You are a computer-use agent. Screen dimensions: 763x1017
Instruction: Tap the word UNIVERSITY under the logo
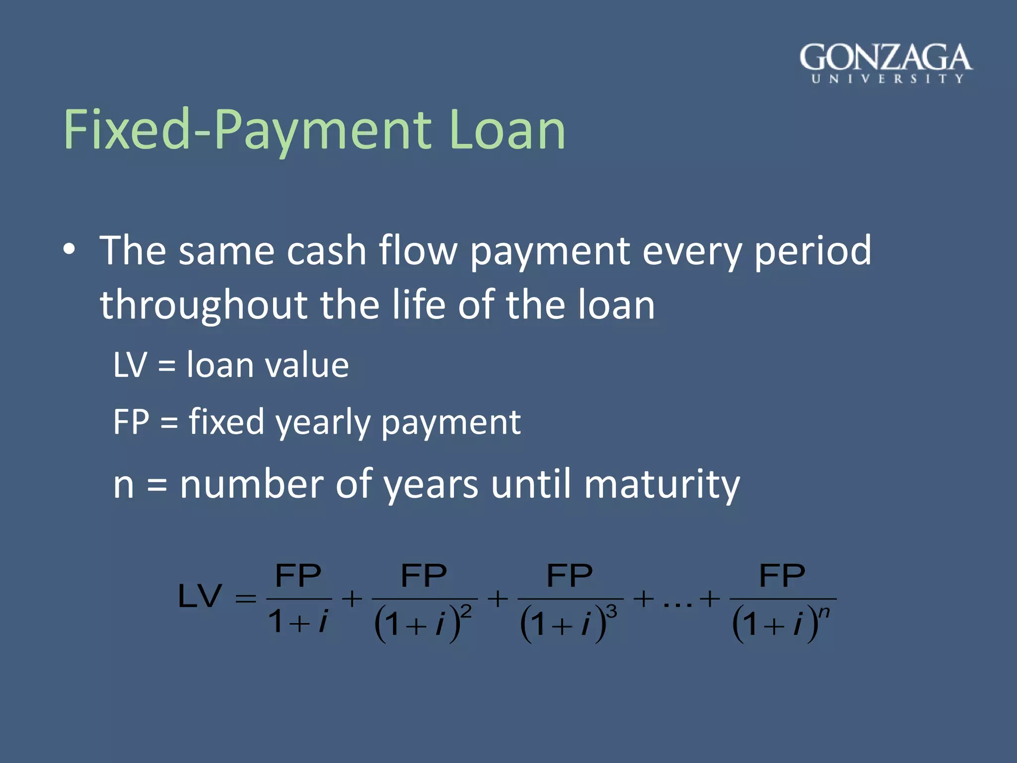[887, 79]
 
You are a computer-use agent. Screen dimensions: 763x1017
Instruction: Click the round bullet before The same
[70, 250]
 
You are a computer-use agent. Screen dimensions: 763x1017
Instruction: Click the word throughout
[204, 305]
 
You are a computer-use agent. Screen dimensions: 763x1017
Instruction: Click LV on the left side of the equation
[200, 596]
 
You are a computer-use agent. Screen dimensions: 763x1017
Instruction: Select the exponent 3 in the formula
[612, 611]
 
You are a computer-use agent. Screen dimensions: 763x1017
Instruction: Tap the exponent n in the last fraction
[824, 611]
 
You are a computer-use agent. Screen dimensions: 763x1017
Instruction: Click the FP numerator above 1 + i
[298, 576]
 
